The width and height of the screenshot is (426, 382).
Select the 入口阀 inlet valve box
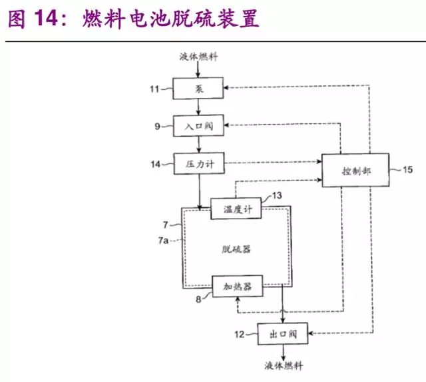point(200,125)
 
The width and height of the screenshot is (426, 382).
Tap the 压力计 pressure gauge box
point(200,163)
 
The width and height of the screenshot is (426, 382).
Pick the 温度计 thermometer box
point(236,209)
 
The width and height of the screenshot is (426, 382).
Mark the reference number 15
point(407,170)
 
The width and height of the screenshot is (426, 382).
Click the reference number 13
point(274,195)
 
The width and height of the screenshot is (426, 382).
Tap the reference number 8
point(198,300)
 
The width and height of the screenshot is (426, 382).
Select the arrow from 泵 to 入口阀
point(200,106)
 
